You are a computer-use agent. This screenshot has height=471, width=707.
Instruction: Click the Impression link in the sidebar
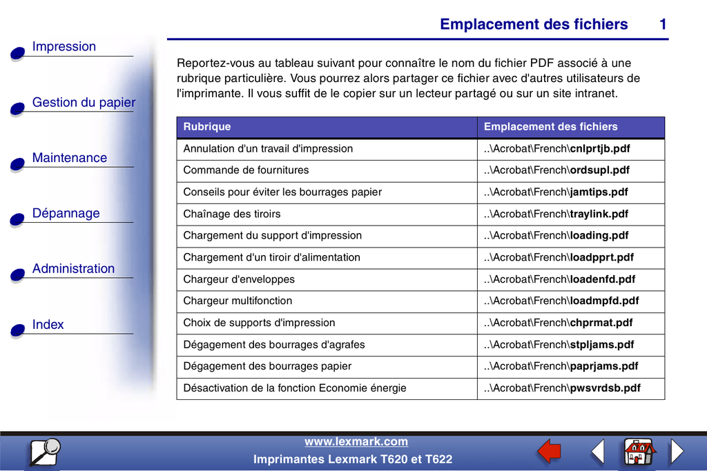click(x=64, y=47)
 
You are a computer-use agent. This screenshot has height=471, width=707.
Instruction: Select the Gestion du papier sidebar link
click(x=84, y=103)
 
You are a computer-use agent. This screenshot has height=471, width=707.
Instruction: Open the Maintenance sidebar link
click(x=70, y=158)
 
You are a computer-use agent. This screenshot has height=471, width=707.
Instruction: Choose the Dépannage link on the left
click(x=66, y=214)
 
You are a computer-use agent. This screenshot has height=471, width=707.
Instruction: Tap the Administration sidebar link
click(x=73, y=269)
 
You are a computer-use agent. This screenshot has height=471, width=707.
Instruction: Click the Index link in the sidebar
click(x=48, y=325)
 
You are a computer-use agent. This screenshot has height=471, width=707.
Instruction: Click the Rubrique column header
click(x=207, y=127)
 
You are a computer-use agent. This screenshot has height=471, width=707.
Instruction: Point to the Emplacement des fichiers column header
click(x=550, y=127)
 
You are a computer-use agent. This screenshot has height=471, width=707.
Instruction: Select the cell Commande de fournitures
click(x=246, y=170)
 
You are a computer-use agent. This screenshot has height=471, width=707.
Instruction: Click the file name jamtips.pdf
click(x=599, y=192)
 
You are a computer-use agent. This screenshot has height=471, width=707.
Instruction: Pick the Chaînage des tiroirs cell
click(x=232, y=214)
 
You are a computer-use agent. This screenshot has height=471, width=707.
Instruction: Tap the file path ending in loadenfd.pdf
click(x=559, y=279)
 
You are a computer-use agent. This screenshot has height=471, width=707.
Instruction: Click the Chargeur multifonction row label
click(x=238, y=301)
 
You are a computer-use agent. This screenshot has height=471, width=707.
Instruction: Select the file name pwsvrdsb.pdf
click(x=605, y=388)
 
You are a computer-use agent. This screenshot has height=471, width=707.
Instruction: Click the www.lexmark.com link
click(x=356, y=442)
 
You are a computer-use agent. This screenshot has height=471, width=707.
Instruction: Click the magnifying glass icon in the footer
click(x=45, y=452)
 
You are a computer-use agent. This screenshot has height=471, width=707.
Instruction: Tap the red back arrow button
click(x=549, y=451)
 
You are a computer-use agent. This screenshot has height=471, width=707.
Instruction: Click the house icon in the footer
click(x=639, y=451)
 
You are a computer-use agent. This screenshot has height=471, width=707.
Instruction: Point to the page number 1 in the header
click(x=663, y=24)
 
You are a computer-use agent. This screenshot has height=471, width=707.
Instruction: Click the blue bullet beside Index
click(x=17, y=330)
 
